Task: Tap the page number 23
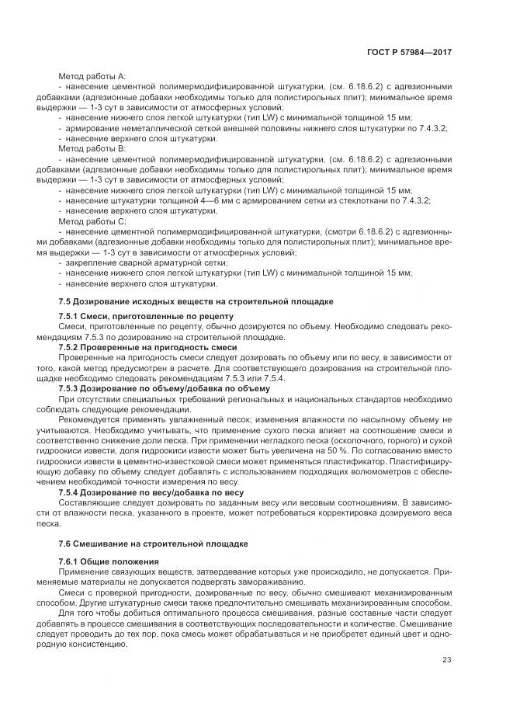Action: pos(446,660)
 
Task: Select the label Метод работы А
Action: pos(92,76)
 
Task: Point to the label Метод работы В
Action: pos(92,148)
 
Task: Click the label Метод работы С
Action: pos(92,221)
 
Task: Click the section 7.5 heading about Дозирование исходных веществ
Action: pos(196,300)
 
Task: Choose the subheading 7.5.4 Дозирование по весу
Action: pos(151,492)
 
